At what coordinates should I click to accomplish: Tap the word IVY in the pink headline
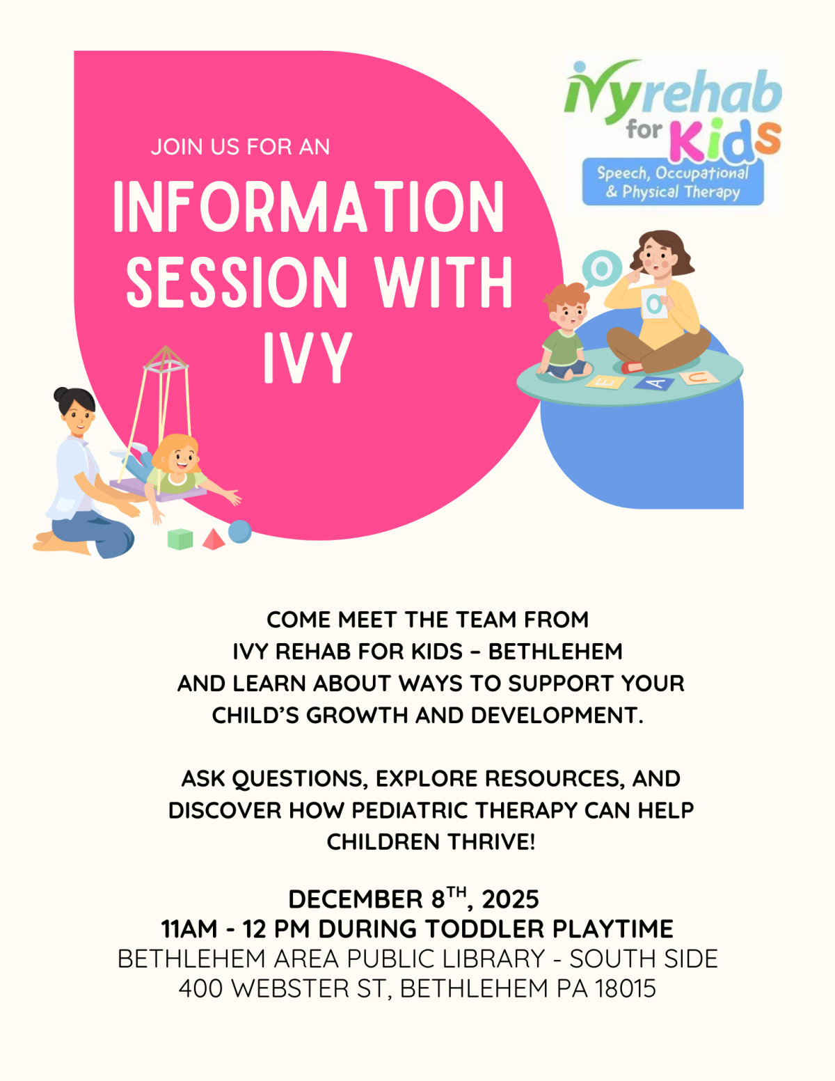308,358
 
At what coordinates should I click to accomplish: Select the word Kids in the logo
724,139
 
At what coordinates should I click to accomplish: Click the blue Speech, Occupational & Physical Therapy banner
672,182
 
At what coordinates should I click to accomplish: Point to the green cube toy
180,539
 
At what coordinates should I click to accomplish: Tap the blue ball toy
240,531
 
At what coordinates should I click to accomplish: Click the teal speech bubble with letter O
601,269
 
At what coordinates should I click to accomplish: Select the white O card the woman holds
654,303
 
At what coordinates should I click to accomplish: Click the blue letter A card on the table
655,383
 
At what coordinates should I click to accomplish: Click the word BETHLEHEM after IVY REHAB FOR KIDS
555,652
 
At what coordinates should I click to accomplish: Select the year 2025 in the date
510,899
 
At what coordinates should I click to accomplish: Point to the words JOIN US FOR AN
240,147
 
